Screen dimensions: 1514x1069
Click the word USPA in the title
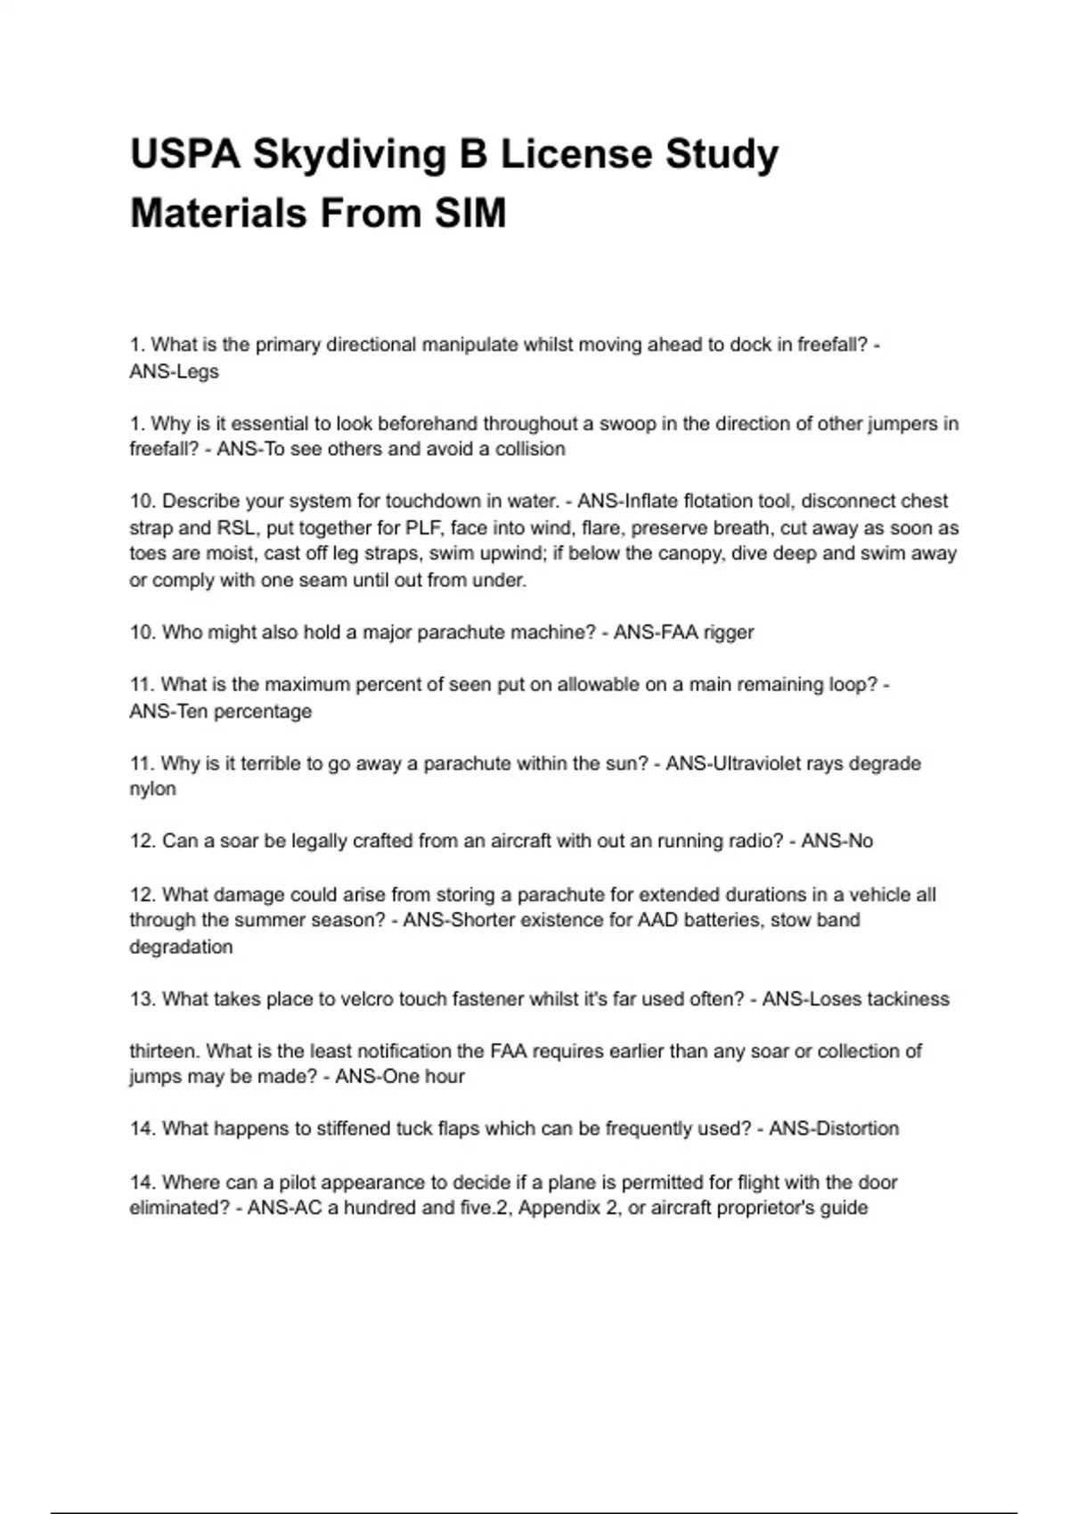[184, 154]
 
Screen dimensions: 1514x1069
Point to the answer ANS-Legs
[174, 371]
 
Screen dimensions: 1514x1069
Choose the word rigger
[729, 632]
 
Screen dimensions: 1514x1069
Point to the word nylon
[152, 789]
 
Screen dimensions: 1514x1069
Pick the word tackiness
[907, 999]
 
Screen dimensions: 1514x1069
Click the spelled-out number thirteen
[164, 1051]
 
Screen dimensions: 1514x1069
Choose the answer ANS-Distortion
[834, 1129]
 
